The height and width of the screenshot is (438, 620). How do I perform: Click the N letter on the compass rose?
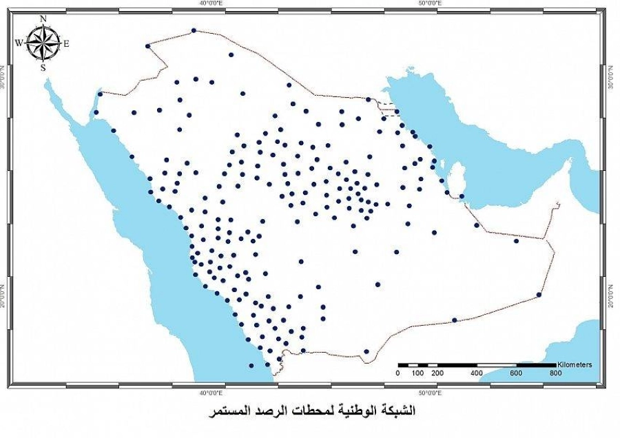43,19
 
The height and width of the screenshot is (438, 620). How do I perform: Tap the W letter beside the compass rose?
19,43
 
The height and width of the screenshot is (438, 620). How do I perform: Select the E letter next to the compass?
67,43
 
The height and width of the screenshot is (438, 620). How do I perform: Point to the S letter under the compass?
43,67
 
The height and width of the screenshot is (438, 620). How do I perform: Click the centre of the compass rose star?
43,43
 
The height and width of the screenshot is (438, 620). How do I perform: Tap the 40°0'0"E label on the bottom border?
210,392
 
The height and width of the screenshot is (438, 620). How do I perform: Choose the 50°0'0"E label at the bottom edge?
429,392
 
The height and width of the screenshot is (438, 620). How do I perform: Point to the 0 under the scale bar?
397,373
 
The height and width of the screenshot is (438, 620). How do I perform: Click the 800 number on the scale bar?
556,373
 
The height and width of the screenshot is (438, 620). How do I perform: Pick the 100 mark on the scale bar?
417,373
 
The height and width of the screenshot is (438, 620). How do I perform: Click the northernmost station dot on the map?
194,30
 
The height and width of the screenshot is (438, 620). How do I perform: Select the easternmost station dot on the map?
539,295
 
